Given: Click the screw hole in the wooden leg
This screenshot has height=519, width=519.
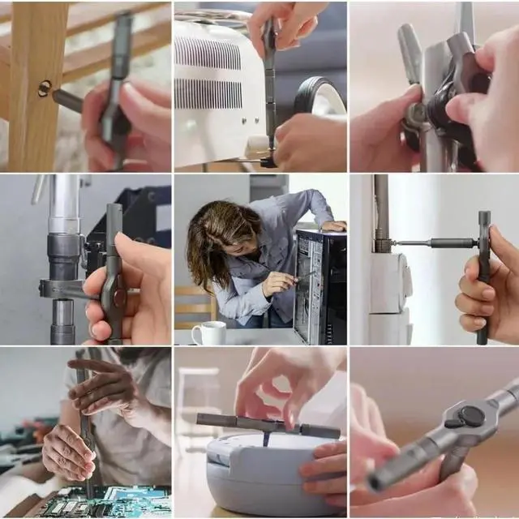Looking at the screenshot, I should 44,88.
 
